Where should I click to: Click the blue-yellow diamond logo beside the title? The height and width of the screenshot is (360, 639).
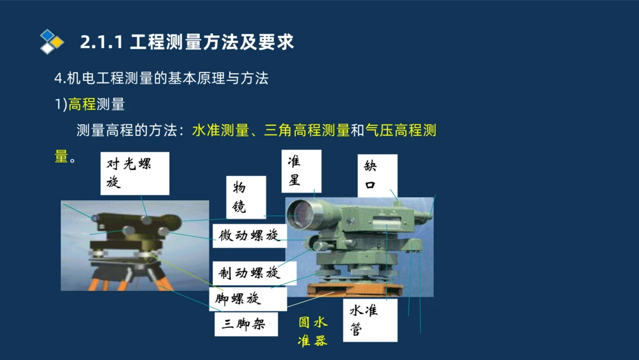(x=52, y=42)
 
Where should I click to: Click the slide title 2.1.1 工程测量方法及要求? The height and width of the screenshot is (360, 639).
(x=187, y=42)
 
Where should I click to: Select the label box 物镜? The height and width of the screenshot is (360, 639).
(x=246, y=197)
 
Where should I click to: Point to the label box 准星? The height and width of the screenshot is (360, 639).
(x=300, y=171)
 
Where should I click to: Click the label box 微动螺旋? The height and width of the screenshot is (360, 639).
(x=249, y=235)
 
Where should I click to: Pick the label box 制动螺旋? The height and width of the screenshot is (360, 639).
(x=249, y=273)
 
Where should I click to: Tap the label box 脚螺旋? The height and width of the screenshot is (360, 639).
(x=239, y=298)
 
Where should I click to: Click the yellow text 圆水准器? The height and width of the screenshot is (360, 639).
(x=313, y=331)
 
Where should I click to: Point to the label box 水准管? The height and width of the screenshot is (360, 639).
(x=369, y=320)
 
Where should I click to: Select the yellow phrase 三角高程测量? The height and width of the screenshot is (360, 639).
(x=307, y=130)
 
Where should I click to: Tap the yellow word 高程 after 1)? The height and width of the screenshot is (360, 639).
(x=82, y=104)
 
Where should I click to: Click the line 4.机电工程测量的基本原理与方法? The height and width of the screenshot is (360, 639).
(x=161, y=79)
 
